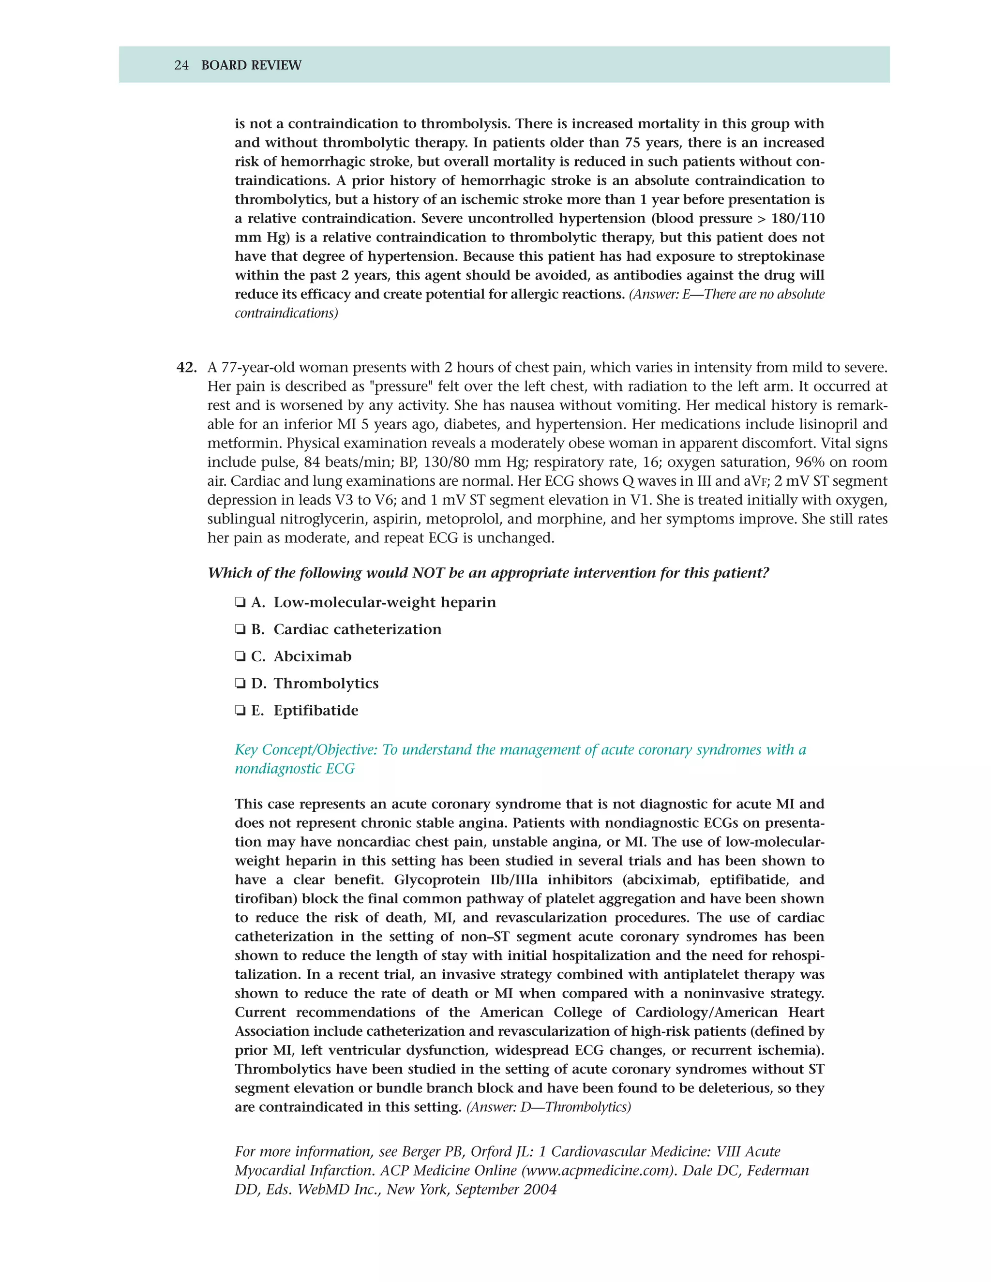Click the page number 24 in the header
(181, 65)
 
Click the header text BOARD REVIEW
(251, 65)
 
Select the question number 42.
(187, 368)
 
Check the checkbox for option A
(240, 603)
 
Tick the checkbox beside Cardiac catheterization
(240, 630)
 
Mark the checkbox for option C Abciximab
(240, 657)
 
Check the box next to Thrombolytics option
(240, 684)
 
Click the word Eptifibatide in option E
(316, 711)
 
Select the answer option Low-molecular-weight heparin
(385, 603)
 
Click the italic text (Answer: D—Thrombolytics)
(548, 1107)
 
